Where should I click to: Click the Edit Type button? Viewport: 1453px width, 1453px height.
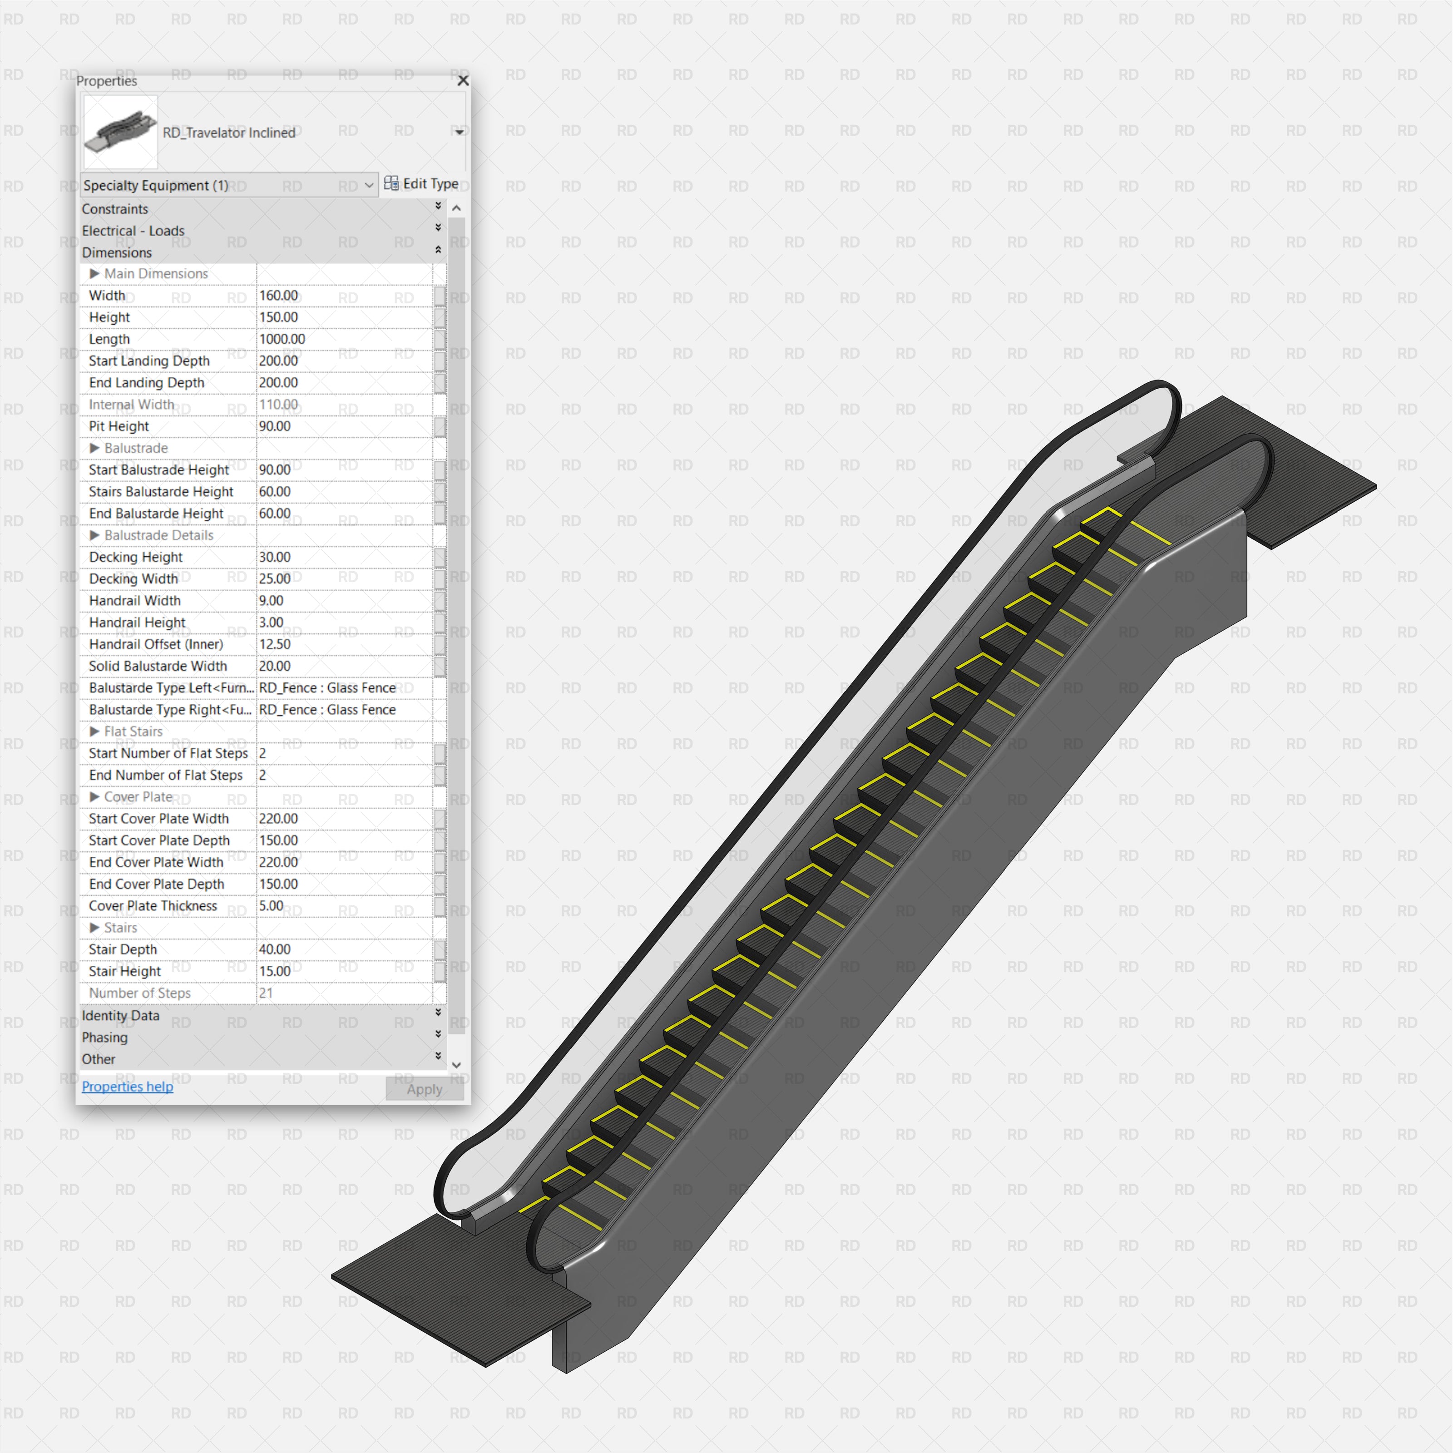[x=421, y=183]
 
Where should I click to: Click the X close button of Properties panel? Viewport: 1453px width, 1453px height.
[x=463, y=80]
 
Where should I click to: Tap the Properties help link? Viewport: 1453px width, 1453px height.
[x=127, y=1087]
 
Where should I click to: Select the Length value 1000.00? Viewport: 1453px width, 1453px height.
[x=282, y=339]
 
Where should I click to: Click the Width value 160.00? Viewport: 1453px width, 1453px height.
[x=278, y=296]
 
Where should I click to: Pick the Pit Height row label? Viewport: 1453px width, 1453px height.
[x=119, y=426]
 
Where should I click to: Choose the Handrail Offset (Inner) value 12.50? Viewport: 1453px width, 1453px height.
[x=275, y=644]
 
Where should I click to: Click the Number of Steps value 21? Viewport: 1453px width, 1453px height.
[x=266, y=993]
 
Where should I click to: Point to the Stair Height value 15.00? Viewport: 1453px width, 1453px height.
[x=275, y=972]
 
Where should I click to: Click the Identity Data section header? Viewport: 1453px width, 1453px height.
[x=120, y=1016]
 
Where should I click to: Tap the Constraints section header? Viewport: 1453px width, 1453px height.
[x=115, y=209]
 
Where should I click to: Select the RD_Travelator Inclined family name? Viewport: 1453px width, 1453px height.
[x=229, y=133]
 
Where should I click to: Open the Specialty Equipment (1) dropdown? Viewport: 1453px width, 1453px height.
[x=228, y=185]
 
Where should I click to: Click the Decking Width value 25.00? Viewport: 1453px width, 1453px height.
[x=275, y=579]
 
